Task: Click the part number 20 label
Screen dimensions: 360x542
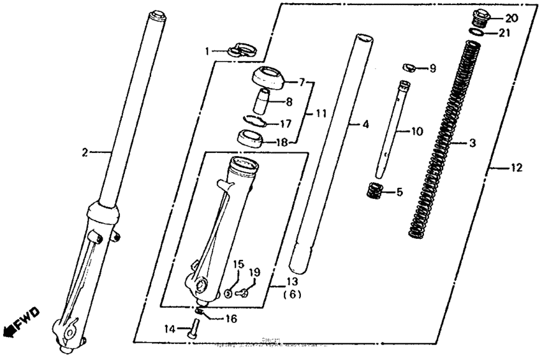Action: [x=512, y=17]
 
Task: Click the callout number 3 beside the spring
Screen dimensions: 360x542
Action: [x=472, y=144]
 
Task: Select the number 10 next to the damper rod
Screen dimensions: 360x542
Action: [x=417, y=132]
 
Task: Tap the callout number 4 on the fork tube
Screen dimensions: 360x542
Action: [x=365, y=126]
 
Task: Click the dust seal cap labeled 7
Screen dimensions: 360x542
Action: [x=268, y=78]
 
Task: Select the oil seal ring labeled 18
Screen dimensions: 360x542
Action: [x=251, y=138]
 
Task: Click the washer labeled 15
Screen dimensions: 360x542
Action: [x=228, y=294]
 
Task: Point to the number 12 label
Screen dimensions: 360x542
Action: [x=516, y=168]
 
